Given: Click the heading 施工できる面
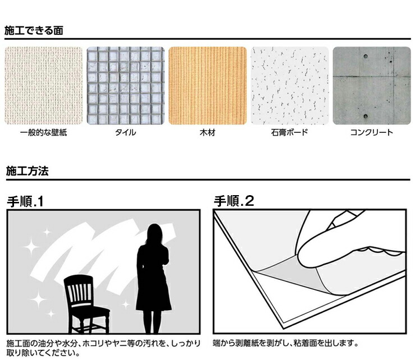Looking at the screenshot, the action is pos(34,30).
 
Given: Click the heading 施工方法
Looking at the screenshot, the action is pos(27,171).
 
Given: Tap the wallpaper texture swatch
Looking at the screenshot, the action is pos(44,85).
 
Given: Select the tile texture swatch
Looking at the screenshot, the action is pos(126,85).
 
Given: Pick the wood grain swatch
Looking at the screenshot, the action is pos(208,85).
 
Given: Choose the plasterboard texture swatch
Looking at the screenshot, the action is pos(290,85).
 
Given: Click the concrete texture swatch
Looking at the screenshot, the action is pos(372,85).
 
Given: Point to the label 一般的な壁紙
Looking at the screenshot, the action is pos(44,132).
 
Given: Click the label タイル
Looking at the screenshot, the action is pos(126,132).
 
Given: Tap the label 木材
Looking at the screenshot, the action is pos(208,132).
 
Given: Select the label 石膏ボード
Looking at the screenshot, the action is pos(289,132).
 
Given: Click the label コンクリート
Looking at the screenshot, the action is pos(372,132).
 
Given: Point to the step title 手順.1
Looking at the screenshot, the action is pos(25,202).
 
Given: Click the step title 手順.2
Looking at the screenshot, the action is pos(234,201).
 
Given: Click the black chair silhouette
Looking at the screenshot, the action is pos(86,304).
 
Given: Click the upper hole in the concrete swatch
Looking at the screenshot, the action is pos(366,56).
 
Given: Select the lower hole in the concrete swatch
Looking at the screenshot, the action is pos(366,116).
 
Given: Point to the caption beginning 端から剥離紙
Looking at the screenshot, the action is pos(285,344).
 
